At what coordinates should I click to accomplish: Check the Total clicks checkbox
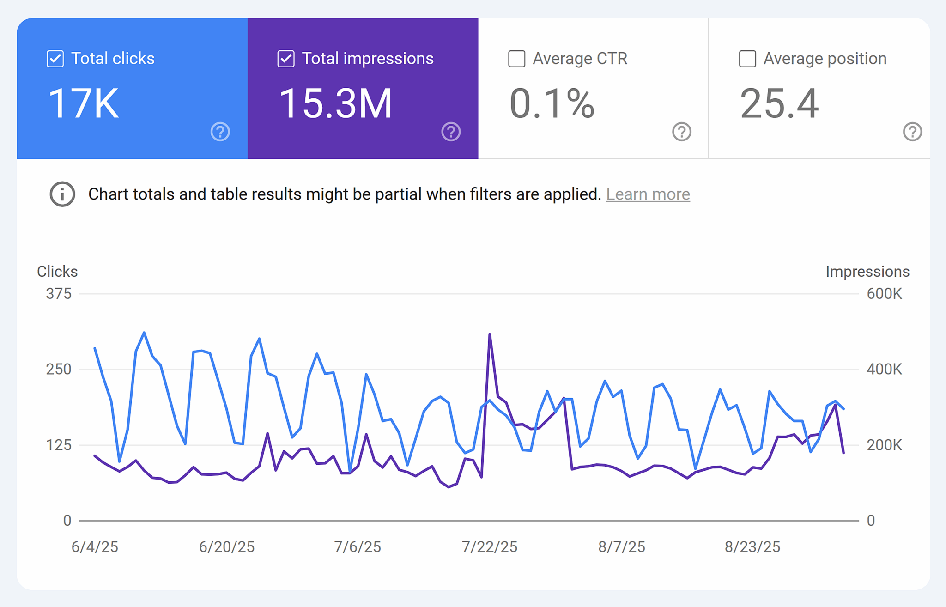pyautogui.click(x=55, y=59)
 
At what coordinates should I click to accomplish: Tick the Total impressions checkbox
pyautogui.click(x=285, y=59)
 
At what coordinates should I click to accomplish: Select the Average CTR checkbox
pyautogui.click(x=516, y=59)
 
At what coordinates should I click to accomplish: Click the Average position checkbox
pyautogui.click(x=747, y=59)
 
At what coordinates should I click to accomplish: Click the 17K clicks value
pyautogui.click(x=84, y=103)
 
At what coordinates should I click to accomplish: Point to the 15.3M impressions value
pyautogui.click(x=335, y=103)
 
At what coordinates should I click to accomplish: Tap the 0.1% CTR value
pyautogui.click(x=552, y=103)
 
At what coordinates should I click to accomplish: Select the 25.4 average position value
pyautogui.click(x=779, y=103)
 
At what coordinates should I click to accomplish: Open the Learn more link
pyautogui.click(x=648, y=194)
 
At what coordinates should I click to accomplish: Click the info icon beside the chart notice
pyautogui.click(x=62, y=194)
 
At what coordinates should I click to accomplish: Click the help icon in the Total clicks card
pyautogui.click(x=220, y=132)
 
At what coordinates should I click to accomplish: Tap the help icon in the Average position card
pyautogui.click(x=912, y=132)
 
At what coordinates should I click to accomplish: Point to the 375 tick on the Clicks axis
pyautogui.click(x=59, y=294)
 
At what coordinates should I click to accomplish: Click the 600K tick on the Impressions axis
pyautogui.click(x=884, y=294)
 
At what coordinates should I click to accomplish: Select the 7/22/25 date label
pyautogui.click(x=489, y=547)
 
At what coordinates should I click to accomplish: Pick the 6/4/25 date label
pyautogui.click(x=95, y=547)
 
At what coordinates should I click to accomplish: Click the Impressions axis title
pyautogui.click(x=867, y=272)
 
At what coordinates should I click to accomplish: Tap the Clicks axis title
pyautogui.click(x=57, y=272)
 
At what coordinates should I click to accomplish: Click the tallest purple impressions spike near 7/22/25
pyautogui.click(x=489, y=334)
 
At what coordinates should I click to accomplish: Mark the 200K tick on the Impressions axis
pyautogui.click(x=884, y=445)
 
